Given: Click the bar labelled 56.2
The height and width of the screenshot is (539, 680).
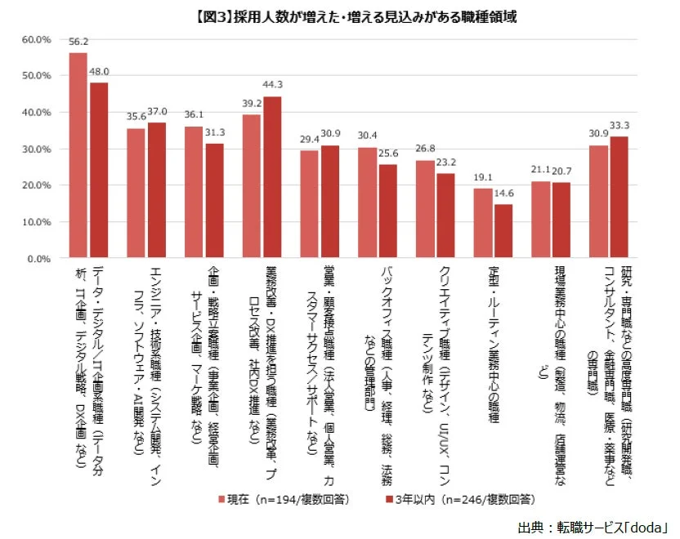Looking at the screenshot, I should (x=78, y=155).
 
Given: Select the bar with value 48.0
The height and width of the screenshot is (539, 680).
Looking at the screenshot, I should (x=98, y=170).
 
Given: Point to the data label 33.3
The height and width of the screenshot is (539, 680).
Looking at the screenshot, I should (x=619, y=126).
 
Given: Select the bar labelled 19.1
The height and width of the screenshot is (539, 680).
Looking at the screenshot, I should (x=482, y=223).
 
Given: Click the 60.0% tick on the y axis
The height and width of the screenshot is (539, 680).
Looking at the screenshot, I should (x=38, y=39).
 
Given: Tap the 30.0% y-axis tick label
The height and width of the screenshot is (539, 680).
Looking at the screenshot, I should (x=38, y=149).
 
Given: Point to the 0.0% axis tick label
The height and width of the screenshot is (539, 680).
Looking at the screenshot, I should (x=41, y=259).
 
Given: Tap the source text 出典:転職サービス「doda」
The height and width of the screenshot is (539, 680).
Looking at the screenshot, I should (x=593, y=527).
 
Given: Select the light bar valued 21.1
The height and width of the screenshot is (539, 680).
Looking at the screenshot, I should (x=540, y=220).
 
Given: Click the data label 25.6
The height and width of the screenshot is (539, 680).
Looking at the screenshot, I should (x=387, y=154).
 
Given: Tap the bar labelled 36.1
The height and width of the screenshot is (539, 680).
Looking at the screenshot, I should (x=193, y=192).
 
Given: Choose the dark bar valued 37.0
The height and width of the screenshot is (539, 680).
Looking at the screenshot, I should (x=156, y=190).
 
